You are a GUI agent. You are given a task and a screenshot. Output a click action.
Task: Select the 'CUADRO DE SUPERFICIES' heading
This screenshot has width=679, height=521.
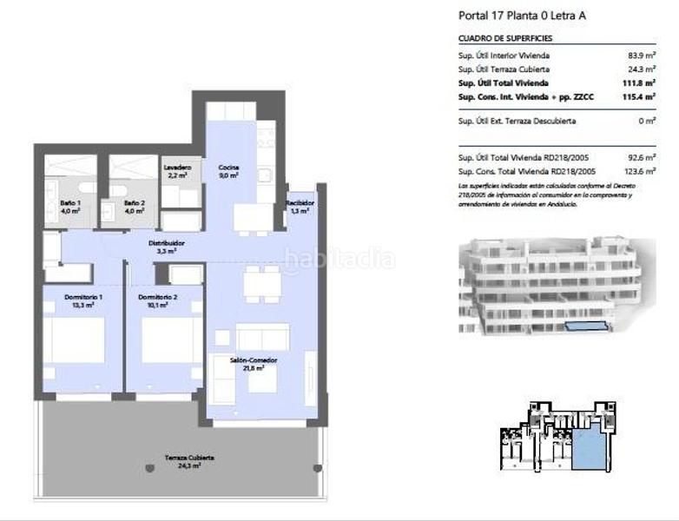pyautogui.click(x=504, y=39)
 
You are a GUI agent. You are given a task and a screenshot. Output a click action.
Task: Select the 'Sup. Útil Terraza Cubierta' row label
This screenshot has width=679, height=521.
pyautogui.click(x=504, y=69)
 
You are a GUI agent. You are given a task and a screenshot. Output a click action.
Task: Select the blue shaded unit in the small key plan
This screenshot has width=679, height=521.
pyautogui.click(x=594, y=452)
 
